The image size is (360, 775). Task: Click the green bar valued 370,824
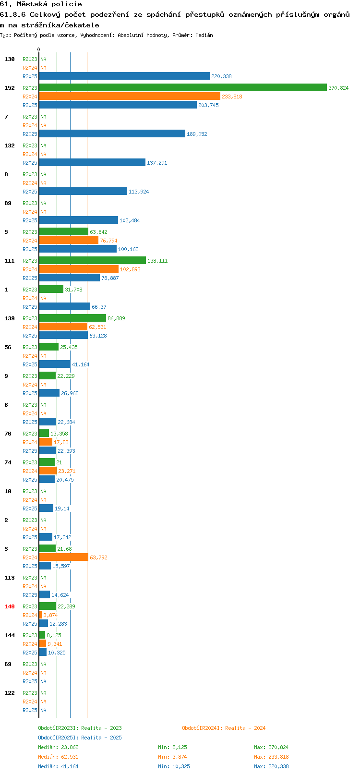pyautogui.click(x=183, y=87)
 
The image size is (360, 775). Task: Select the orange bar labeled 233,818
pyautogui.click(x=130, y=96)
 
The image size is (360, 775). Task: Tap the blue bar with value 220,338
pyautogui.click(x=124, y=76)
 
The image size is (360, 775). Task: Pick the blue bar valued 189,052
pyautogui.click(x=112, y=133)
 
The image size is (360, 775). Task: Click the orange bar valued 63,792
pyautogui.click(x=64, y=557)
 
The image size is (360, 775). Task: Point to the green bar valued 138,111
pyautogui.click(x=92, y=260)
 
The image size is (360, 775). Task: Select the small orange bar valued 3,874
pyautogui.click(x=40, y=615)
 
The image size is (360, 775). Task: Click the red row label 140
pyautogui.click(x=9, y=606)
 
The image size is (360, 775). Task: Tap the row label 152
pyautogui.click(x=9, y=88)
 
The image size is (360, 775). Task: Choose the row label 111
pyautogui.click(x=9, y=261)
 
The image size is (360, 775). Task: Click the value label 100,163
pyautogui.click(x=128, y=249)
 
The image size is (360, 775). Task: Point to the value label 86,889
pyautogui.click(x=116, y=318)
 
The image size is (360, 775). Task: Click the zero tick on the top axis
pyautogui.click(x=38, y=49)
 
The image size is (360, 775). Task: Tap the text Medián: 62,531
pyautogui.click(x=58, y=757)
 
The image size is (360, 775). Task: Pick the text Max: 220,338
pyautogui.click(x=271, y=766)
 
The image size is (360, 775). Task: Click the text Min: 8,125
pyautogui.click(x=172, y=747)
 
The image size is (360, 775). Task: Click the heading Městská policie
pyautogui.click(x=49, y=4)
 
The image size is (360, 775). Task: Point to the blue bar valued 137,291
pyautogui.click(x=92, y=162)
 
